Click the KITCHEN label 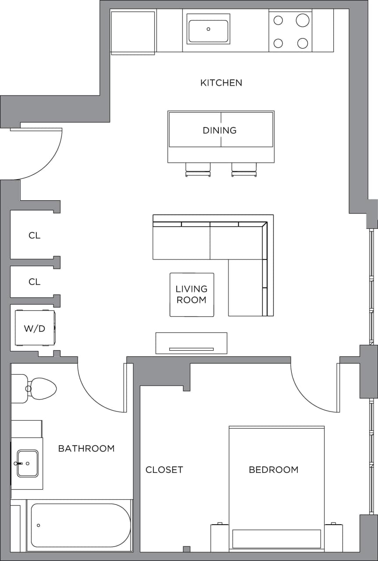click(x=221, y=82)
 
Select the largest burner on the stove click(x=303, y=20)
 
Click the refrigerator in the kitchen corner click(x=133, y=32)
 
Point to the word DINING click(x=219, y=130)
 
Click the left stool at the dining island click(x=198, y=169)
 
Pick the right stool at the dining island click(x=244, y=169)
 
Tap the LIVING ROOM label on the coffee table click(x=192, y=295)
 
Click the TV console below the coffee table click(x=191, y=343)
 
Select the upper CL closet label click(x=34, y=235)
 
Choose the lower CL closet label click(x=34, y=282)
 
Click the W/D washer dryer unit click(x=35, y=328)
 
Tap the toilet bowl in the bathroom click(x=43, y=389)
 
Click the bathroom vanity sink click(x=27, y=463)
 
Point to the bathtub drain click(x=39, y=525)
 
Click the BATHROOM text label click(x=86, y=448)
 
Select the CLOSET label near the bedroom click(x=164, y=470)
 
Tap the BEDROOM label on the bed click(x=273, y=470)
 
